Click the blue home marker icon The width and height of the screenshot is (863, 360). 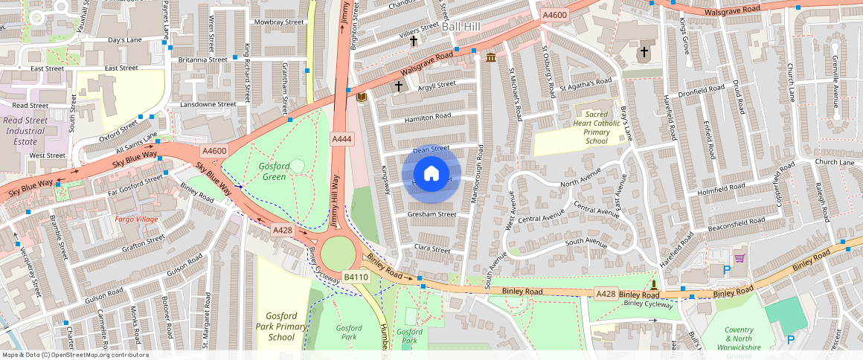point(431,174)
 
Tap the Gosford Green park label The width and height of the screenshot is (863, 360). point(272,171)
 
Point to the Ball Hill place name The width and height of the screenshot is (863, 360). point(461,26)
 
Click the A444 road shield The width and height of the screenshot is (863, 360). point(341,139)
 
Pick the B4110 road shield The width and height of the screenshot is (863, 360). point(356,277)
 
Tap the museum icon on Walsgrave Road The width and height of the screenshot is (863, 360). point(491,57)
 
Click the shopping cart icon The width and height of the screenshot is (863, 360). point(739,258)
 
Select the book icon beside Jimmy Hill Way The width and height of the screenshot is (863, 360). point(362,97)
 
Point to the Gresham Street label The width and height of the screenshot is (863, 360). point(431,214)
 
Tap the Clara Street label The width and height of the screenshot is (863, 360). point(432,250)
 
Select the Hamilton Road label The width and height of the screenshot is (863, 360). point(427,117)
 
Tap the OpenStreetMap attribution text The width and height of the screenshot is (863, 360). point(74,355)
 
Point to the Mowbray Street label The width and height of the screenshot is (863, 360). point(279,22)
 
